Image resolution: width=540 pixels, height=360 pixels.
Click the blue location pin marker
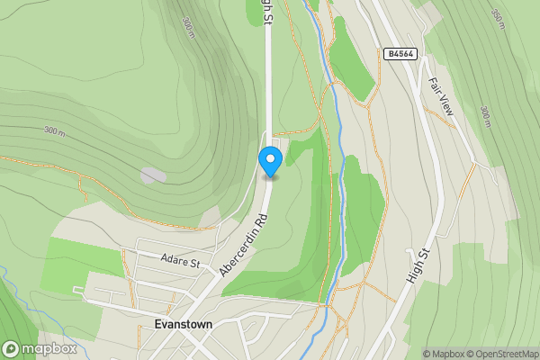[x=270, y=161]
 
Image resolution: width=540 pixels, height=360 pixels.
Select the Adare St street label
[x=178, y=262]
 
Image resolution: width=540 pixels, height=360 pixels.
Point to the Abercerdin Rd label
[x=242, y=245]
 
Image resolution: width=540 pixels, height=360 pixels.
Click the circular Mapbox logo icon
[x=12, y=348]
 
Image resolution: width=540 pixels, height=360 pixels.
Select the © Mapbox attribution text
[x=443, y=354]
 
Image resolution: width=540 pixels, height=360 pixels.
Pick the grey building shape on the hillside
[x=153, y=175]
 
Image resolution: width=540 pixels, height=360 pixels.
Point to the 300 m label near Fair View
[x=486, y=116]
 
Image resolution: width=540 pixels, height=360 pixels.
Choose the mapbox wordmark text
[x=49, y=349]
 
